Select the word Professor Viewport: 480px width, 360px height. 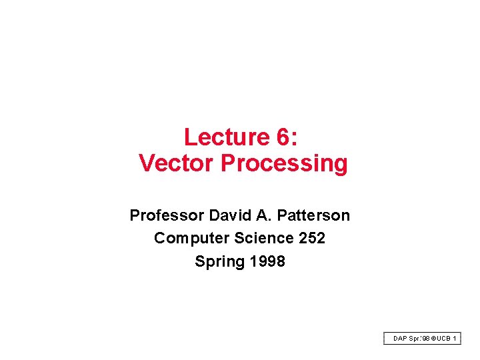167,215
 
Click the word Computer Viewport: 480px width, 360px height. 187,238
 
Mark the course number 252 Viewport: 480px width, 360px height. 312,238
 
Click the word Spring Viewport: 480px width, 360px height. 219,261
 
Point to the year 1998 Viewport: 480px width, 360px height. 267,261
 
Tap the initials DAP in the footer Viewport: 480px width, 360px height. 399,339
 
